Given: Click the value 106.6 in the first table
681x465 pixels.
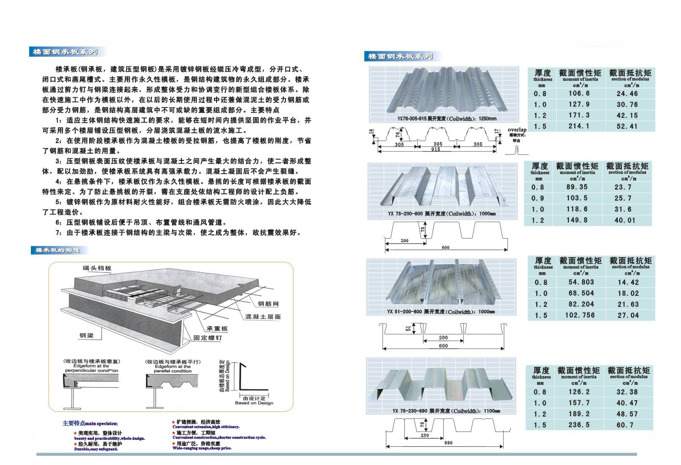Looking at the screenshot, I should pos(579,94).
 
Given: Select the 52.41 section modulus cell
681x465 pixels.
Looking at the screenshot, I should pos(627,126).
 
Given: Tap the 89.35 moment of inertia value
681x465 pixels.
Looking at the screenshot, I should pos(577,187).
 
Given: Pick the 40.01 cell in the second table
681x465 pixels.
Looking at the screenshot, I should pos(625,220).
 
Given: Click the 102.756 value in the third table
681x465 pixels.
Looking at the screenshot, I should pos(579,315).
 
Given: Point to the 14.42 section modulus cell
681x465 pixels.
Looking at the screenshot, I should pos(628,282).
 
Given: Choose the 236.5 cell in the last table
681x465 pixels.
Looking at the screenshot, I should pos(579,425).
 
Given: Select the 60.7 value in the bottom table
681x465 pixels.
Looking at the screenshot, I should pos(627,425).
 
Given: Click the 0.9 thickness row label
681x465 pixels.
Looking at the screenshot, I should pos(538,198).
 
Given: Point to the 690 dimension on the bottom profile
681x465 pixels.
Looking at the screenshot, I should pos(449,443).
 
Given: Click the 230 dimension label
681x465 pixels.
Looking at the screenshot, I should pos(425,435).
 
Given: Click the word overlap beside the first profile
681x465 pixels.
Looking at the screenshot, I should pos(517,130).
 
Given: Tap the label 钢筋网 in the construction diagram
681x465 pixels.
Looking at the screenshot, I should pos(268,304).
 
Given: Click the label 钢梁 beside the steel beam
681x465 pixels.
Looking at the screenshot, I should pos(86,336).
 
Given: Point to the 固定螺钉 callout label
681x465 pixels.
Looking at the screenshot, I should pos(207,338).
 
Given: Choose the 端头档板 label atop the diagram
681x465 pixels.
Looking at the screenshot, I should pos(97,268).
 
